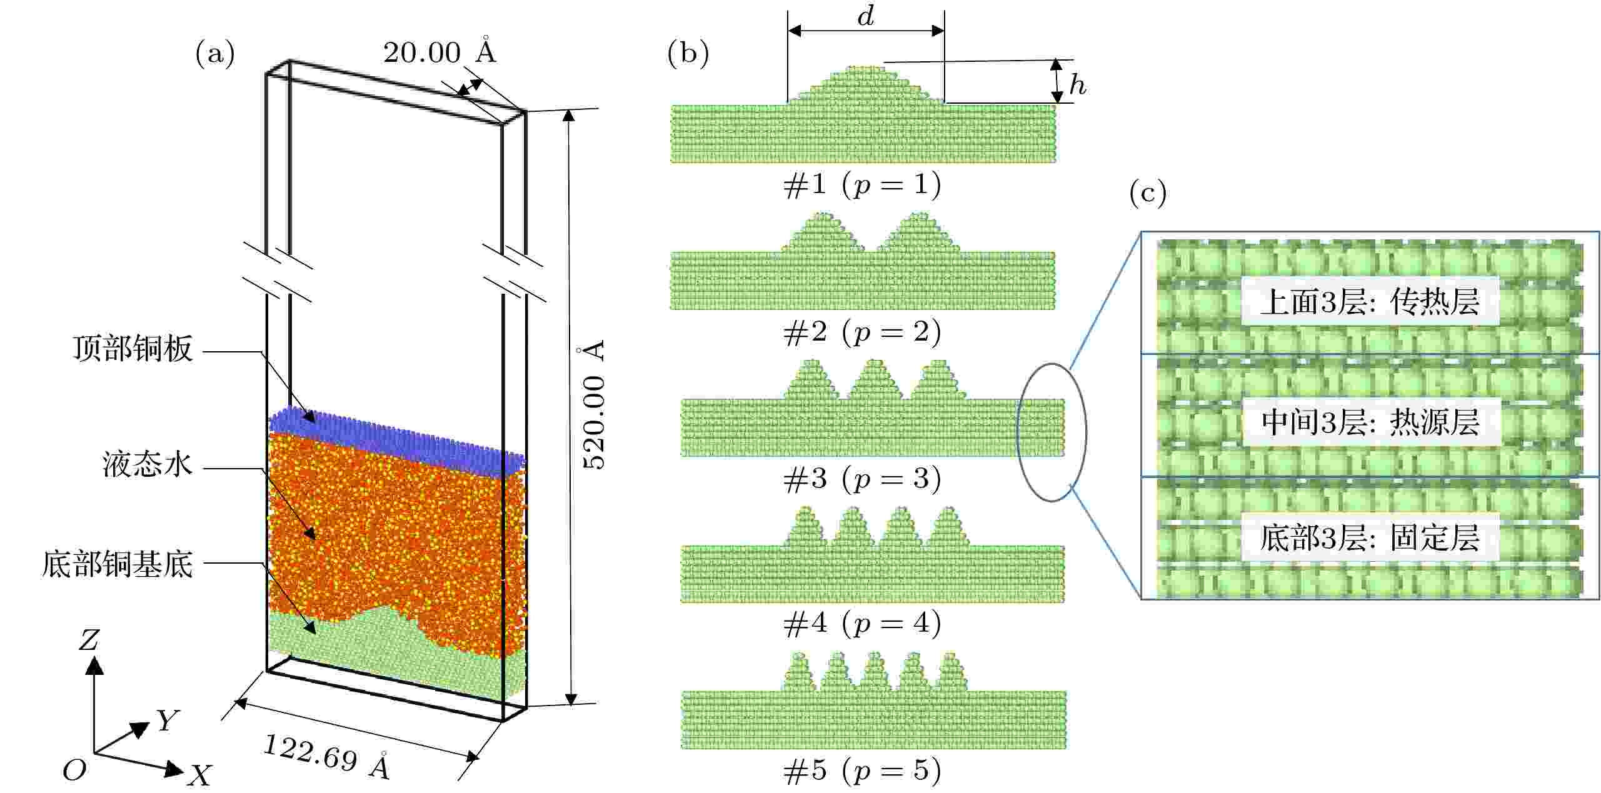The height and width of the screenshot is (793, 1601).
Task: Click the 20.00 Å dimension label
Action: pyautogui.click(x=439, y=52)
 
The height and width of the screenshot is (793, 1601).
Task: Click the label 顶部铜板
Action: pyautogui.click(x=133, y=349)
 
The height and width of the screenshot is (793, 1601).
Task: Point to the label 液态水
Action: pyautogui.click(x=148, y=466)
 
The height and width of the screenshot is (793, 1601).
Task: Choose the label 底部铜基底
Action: pyautogui.click(x=118, y=564)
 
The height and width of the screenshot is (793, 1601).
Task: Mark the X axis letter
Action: pyautogui.click(x=200, y=776)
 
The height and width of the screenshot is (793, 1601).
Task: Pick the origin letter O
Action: pyautogui.click(x=74, y=771)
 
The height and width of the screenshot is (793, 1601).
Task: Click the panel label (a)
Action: pyautogui.click(x=215, y=54)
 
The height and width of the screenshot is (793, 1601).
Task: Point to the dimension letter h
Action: pyautogui.click(x=1077, y=84)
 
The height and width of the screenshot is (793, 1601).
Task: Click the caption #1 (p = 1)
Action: pyautogui.click(x=862, y=185)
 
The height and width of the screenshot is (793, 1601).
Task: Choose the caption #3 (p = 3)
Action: pyautogui.click(x=862, y=479)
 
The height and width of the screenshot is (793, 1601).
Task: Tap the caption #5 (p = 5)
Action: pyautogui.click(x=862, y=771)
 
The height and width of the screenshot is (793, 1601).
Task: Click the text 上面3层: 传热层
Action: pyautogui.click(x=1369, y=302)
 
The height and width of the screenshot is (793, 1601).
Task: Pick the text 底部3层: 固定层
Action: pyautogui.click(x=1369, y=538)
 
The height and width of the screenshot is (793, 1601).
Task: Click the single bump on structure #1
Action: pyautogui.click(x=866, y=86)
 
